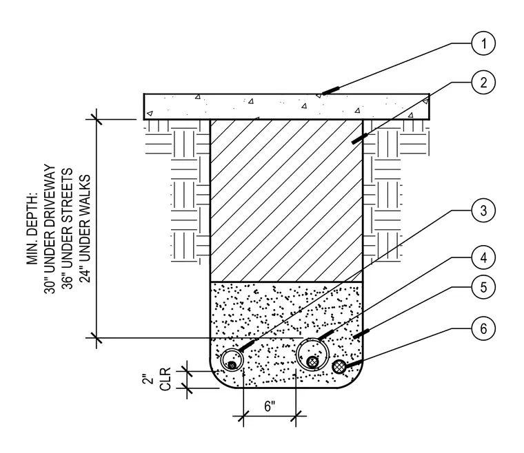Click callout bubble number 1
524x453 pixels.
tap(483, 43)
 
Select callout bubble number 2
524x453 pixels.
tap(483, 83)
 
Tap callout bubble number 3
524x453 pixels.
tap(483, 211)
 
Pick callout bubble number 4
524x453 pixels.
tap(483, 258)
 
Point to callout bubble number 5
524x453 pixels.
tap(483, 287)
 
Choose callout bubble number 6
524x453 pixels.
tap(483, 328)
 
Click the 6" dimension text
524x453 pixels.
tap(270, 406)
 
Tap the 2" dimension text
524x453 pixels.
tap(148, 379)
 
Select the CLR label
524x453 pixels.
tap(165, 379)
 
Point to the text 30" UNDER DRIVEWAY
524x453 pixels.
tap(50, 229)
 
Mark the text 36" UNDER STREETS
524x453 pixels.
tap(67, 229)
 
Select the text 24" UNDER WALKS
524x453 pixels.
tap(85, 229)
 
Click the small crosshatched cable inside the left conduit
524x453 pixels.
tap(232, 365)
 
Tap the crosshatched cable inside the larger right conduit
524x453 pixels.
tap(312, 362)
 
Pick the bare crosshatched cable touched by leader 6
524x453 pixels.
tap(339, 367)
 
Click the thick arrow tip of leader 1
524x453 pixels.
tap(323, 94)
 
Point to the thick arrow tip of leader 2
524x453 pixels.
tap(352, 143)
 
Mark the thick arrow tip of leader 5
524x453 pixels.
tap(354, 337)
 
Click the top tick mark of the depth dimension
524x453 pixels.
tap(97, 118)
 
